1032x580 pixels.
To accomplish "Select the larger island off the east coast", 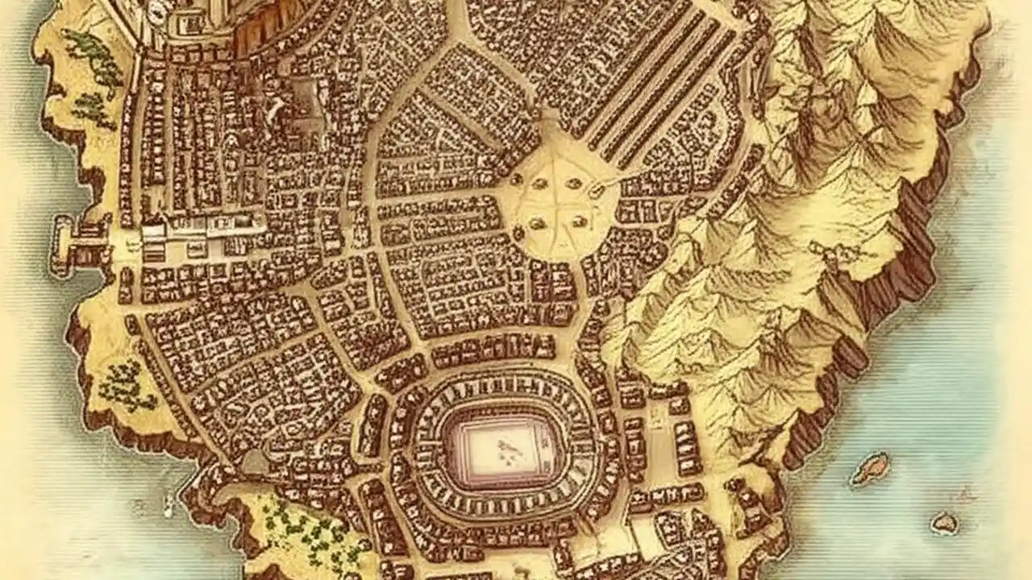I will [x=870, y=468].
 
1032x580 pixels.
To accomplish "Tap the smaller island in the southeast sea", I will [x=944, y=523].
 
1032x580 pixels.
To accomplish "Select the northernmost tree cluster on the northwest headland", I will [x=93, y=56].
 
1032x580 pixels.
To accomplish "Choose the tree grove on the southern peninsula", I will [x=310, y=528].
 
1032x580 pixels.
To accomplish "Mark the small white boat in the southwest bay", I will [x=169, y=506].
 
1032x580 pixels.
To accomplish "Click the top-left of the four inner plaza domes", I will [x=539, y=184].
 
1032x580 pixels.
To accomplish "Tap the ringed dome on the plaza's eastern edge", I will [x=598, y=189].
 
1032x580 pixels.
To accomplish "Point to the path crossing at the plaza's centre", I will [x=559, y=201].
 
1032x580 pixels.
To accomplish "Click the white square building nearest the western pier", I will [x=153, y=234].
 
